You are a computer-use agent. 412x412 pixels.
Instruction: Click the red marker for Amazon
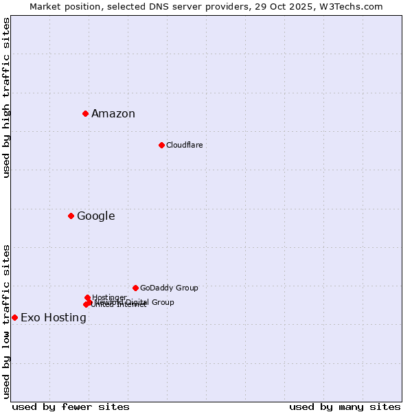(85, 113)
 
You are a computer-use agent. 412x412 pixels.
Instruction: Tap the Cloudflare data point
(161, 145)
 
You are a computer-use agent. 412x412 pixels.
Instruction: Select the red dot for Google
(71, 216)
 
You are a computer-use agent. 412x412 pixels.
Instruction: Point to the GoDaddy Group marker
(135, 288)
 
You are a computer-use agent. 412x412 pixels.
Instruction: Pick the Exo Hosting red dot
(14, 317)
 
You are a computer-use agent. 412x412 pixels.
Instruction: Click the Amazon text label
(113, 114)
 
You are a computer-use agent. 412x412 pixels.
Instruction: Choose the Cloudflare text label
(184, 145)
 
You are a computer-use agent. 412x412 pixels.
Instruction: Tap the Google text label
(95, 216)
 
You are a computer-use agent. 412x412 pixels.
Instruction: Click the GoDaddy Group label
(169, 288)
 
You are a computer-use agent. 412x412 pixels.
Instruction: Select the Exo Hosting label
(54, 318)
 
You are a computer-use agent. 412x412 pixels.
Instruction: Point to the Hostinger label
(109, 297)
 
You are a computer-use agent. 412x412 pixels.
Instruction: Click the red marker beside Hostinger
(87, 297)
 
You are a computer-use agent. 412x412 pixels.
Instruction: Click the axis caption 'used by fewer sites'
(71, 407)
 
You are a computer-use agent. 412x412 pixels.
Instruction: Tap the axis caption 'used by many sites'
(345, 407)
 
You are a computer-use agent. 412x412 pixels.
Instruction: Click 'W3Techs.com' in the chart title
(354, 6)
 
